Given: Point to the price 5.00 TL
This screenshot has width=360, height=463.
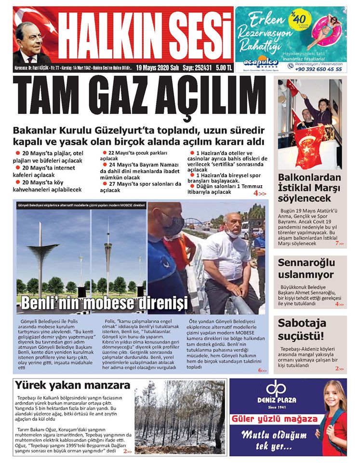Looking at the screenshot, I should tap(221, 68).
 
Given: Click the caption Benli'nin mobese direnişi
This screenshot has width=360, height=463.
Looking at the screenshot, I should tap(104, 304).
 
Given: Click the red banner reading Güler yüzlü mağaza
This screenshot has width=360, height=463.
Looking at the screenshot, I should tap(270, 418).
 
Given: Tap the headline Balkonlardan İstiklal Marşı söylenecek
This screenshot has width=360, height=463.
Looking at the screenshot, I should tap(309, 188).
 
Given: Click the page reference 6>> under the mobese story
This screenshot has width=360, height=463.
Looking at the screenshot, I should tap(262, 370).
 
